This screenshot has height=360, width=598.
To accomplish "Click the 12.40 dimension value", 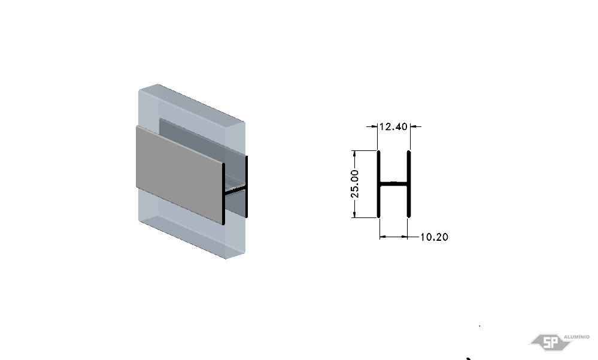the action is coord(394,126).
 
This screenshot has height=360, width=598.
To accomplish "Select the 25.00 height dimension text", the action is coord(355,184).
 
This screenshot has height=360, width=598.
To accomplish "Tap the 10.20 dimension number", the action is coord(435,237).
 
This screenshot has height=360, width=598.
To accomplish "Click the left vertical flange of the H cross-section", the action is coord(379,184).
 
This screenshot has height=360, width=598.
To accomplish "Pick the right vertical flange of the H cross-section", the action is coord(409,184).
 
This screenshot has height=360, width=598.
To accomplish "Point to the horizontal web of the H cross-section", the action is coord(394,184).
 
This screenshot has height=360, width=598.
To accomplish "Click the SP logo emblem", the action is coord(550,342).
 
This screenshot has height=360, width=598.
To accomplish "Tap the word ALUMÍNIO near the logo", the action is coord(576,337).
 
